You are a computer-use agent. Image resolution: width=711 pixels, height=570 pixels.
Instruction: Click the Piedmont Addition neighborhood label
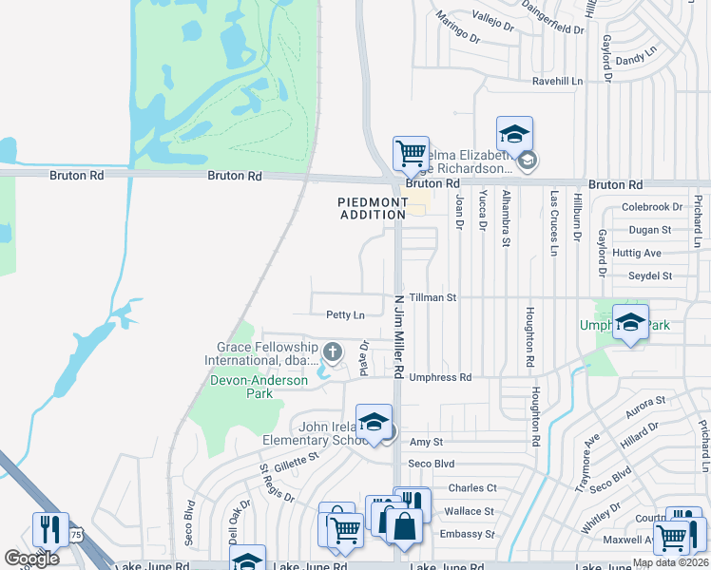[x=372, y=208]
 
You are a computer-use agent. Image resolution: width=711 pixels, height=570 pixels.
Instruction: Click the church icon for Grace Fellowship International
[x=332, y=352]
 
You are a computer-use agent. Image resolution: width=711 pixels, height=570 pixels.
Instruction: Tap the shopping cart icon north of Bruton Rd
[x=411, y=153]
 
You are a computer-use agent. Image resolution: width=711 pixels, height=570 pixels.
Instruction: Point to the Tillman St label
[x=433, y=297]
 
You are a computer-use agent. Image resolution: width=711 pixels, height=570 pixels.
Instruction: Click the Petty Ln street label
[x=345, y=314]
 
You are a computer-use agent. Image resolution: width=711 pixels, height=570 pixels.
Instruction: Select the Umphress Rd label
[x=440, y=377]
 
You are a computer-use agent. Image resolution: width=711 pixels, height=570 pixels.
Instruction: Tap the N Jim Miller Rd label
[x=399, y=337]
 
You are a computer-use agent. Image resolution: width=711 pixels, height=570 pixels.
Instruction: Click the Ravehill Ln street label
[x=557, y=82]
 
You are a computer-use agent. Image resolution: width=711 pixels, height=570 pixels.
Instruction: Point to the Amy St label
[x=426, y=443]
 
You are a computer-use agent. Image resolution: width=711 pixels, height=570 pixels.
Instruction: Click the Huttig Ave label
[x=638, y=254]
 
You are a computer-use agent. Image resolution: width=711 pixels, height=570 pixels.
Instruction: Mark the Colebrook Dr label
[x=652, y=207]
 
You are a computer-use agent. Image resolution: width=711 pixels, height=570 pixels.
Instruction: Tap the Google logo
[x=31, y=559]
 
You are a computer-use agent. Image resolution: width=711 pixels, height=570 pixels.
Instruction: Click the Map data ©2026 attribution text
[x=668, y=562]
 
